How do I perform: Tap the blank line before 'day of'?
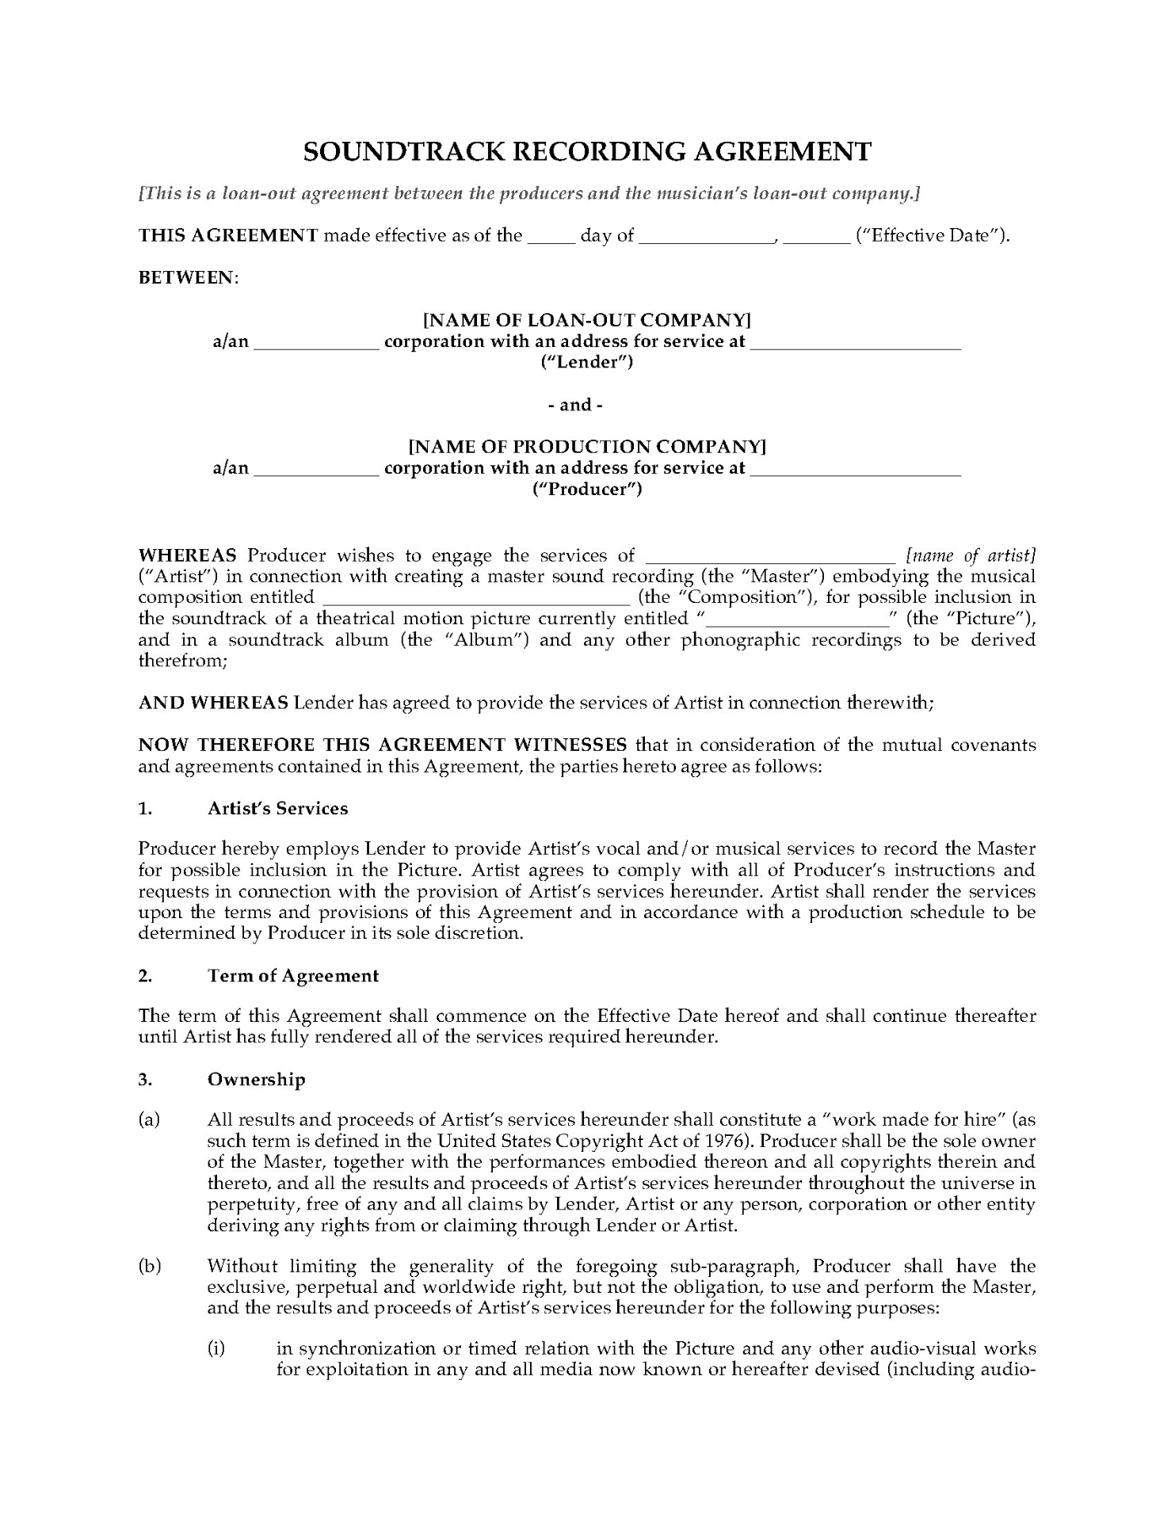551,238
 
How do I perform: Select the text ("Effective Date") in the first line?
932,235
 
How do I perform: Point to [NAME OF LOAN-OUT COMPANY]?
586,320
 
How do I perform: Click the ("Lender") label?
586,362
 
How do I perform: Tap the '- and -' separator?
586,405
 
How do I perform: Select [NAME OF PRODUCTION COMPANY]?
586,447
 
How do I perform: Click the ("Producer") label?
586,489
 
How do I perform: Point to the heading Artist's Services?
277,808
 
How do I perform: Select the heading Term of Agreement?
293,975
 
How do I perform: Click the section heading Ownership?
256,1079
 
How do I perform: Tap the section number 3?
145,1079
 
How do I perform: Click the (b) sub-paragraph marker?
149,1266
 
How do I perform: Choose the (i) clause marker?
217,1348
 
